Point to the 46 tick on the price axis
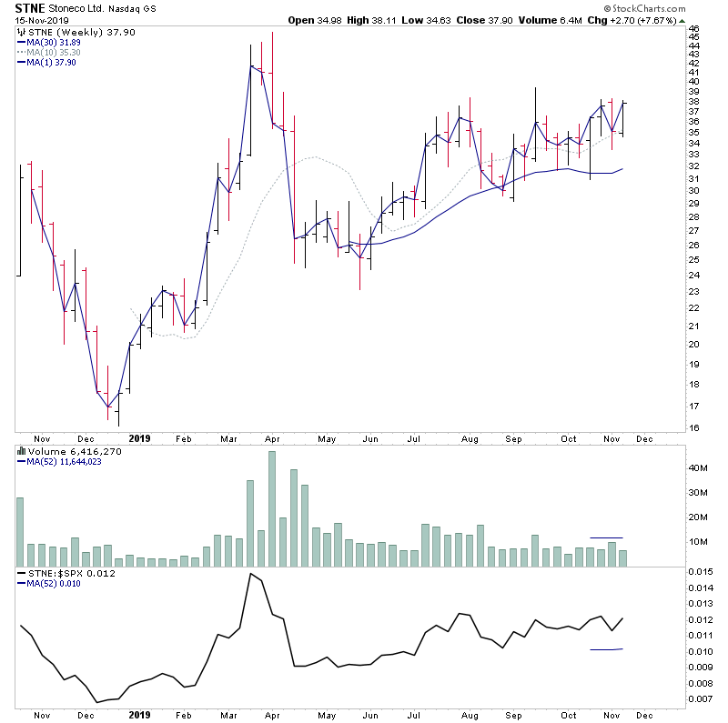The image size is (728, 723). (x=693, y=29)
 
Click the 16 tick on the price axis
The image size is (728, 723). (x=693, y=428)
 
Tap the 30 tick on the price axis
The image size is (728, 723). (x=693, y=190)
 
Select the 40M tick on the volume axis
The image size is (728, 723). (x=698, y=468)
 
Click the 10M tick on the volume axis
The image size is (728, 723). (x=698, y=542)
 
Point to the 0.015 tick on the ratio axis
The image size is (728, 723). (x=699, y=571)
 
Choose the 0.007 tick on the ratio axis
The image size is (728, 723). (x=699, y=698)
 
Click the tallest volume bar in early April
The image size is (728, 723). (x=271, y=509)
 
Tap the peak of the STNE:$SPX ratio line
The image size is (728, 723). (x=249, y=574)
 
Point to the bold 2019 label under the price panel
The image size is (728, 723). (x=139, y=437)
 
